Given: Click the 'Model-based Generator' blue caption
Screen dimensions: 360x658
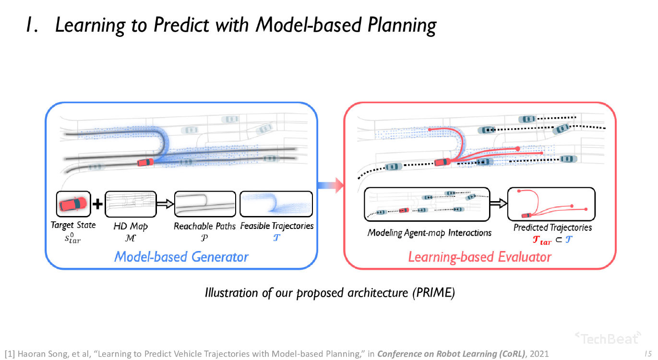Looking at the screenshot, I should [181, 257].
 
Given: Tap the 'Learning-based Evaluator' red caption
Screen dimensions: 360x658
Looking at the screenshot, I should [479, 257].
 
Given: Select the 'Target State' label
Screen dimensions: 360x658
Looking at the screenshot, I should [73, 225].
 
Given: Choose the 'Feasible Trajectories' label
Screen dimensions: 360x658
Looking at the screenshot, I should [276, 226].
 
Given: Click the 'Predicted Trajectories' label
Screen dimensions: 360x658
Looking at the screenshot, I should [552, 228].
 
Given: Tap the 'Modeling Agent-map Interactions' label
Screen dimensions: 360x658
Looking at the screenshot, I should [430, 233].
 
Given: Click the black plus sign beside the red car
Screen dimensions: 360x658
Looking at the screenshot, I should [97, 204].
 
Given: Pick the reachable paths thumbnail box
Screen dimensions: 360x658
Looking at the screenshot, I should [205, 204].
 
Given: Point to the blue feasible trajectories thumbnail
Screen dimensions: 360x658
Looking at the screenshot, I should [276, 204].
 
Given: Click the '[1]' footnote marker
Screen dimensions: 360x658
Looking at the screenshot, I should [9, 354].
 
